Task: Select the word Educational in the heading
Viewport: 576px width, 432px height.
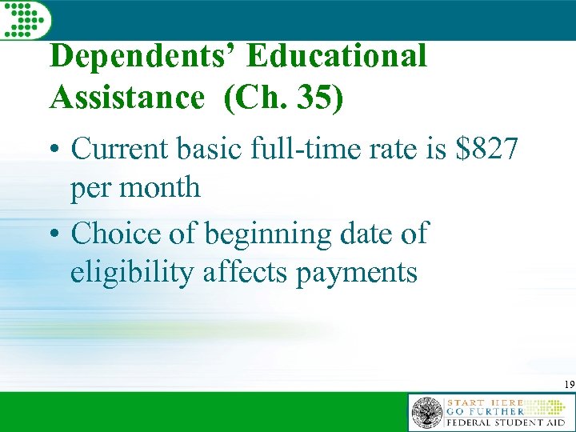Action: [x=337, y=57]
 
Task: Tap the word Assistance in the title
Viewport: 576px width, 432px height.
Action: [x=126, y=98]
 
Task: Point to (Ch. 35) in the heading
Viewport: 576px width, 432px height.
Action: [x=284, y=98]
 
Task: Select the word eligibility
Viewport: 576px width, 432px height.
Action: [x=132, y=274]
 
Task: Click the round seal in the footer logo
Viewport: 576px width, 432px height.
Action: [x=426, y=413]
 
